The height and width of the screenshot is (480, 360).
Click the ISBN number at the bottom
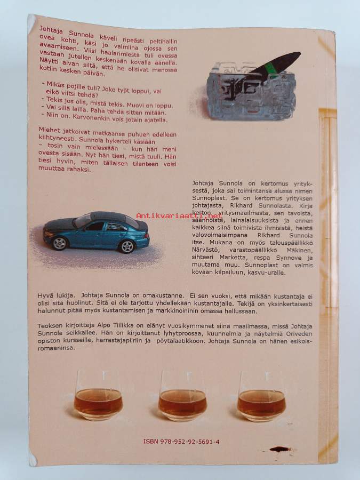click(181, 442)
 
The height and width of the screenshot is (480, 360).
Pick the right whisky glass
click(262, 396)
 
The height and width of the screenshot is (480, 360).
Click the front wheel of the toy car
click(59, 243)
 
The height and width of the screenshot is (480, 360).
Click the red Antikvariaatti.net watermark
click(179, 215)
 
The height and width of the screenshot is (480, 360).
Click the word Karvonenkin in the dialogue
click(94, 118)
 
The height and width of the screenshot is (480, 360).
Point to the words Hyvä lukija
click(56, 295)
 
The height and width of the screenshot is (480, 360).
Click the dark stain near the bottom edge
click(280, 450)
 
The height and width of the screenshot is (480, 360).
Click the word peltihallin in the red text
click(164, 41)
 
